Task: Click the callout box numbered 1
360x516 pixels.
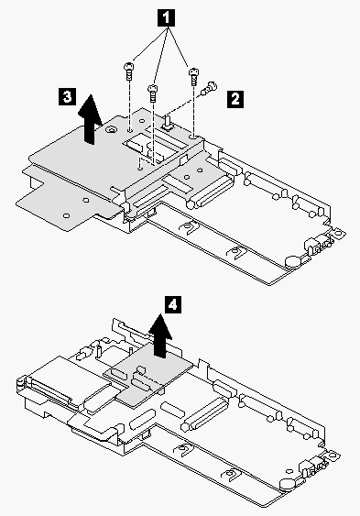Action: [167, 17]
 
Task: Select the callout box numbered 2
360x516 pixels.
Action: [235, 99]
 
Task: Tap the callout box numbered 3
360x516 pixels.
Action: [67, 97]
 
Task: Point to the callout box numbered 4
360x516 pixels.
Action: [172, 305]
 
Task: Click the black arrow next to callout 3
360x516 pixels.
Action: [90, 119]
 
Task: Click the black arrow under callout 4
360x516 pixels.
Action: [160, 335]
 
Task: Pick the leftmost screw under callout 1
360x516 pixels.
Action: [129, 71]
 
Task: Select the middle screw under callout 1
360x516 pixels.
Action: [152, 93]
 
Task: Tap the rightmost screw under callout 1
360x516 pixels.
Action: [193, 76]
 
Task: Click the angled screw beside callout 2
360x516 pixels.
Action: [209, 88]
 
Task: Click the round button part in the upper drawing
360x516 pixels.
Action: [293, 261]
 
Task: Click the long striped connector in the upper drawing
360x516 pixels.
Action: [210, 192]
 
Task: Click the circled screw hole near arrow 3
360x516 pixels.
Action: [110, 129]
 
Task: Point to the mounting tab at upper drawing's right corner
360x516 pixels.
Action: [337, 234]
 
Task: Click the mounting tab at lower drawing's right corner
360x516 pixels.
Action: [333, 456]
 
